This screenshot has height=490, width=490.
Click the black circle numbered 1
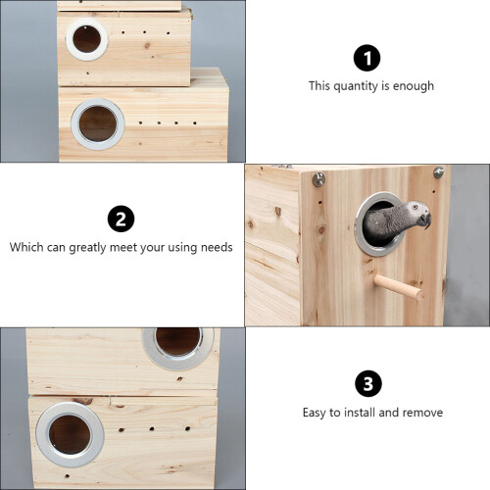(367, 58)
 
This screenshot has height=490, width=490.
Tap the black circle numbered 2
(121, 219)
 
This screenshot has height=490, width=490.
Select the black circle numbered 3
(368, 383)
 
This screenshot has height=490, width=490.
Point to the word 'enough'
(414, 86)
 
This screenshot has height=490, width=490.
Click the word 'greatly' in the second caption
(87, 248)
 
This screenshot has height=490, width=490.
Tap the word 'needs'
(217, 247)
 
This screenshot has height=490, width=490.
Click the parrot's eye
(415, 207)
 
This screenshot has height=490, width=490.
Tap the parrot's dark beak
(426, 220)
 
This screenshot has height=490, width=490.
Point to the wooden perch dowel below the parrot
(399, 286)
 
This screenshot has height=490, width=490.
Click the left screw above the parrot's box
(318, 178)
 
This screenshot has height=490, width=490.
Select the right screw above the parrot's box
(438, 171)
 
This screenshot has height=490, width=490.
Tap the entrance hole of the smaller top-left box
(86, 39)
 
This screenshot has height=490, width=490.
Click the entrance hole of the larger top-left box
(98, 123)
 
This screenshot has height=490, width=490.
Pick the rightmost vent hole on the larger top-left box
(195, 123)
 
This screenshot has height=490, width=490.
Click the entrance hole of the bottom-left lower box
(70, 434)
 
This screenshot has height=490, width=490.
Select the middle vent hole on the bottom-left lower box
(152, 428)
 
